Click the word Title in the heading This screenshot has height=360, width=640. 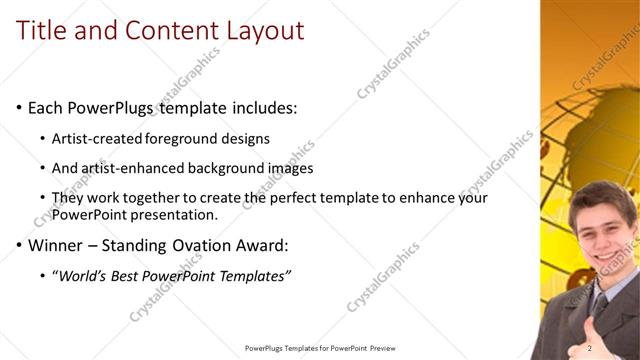[x=41, y=31]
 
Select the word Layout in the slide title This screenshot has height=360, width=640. [x=262, y=31]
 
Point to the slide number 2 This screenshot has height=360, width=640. [x=591, y=347]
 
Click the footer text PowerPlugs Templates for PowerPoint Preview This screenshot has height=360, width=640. [x=321, y=347]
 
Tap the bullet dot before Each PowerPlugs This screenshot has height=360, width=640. [x=19, y=107]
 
